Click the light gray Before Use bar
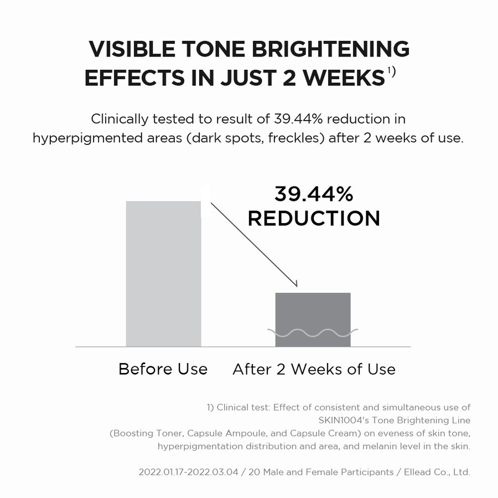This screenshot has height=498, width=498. (163, 274)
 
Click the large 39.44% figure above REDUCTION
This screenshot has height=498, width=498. (314, 194)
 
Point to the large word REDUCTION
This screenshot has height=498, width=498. (314, 218)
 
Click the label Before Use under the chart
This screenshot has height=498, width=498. (163, 369)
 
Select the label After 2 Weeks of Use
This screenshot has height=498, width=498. (314, 369)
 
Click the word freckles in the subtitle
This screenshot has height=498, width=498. (293, 138)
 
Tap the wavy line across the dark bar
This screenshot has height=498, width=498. (313, 333)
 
